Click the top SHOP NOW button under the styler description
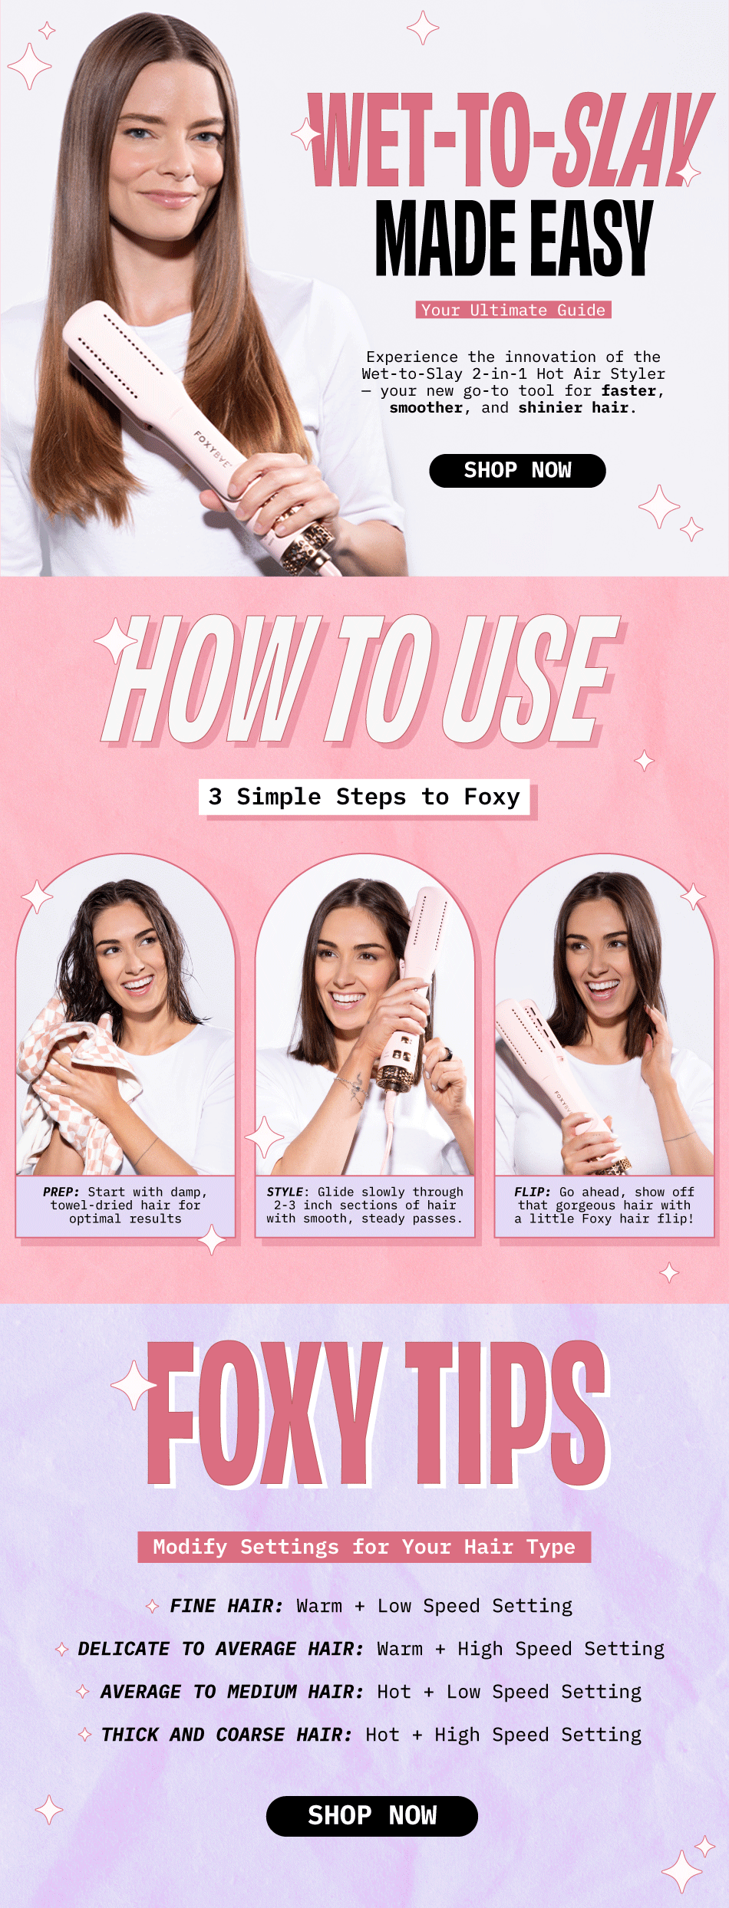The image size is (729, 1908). coord(517,470)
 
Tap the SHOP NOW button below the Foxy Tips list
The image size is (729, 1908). coord(372,1815)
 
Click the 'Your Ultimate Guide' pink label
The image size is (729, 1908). coord(513,310)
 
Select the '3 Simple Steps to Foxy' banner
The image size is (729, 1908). coord(364,797)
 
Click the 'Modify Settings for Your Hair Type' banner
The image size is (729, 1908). coord(364,1547)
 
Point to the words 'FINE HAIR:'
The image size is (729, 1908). coord(226,1606)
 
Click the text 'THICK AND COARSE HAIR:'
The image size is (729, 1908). coord(227,1735)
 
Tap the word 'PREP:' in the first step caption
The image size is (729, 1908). coord(61,1192)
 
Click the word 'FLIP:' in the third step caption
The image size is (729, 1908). coord(533,1192)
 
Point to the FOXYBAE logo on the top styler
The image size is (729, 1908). coord(212,449)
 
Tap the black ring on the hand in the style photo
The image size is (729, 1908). coord(447,1054)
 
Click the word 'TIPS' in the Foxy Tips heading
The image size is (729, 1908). coord(506,1413)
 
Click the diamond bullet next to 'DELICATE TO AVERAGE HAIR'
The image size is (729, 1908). coord(62,1649)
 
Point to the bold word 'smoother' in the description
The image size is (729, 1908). coord(426,408)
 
